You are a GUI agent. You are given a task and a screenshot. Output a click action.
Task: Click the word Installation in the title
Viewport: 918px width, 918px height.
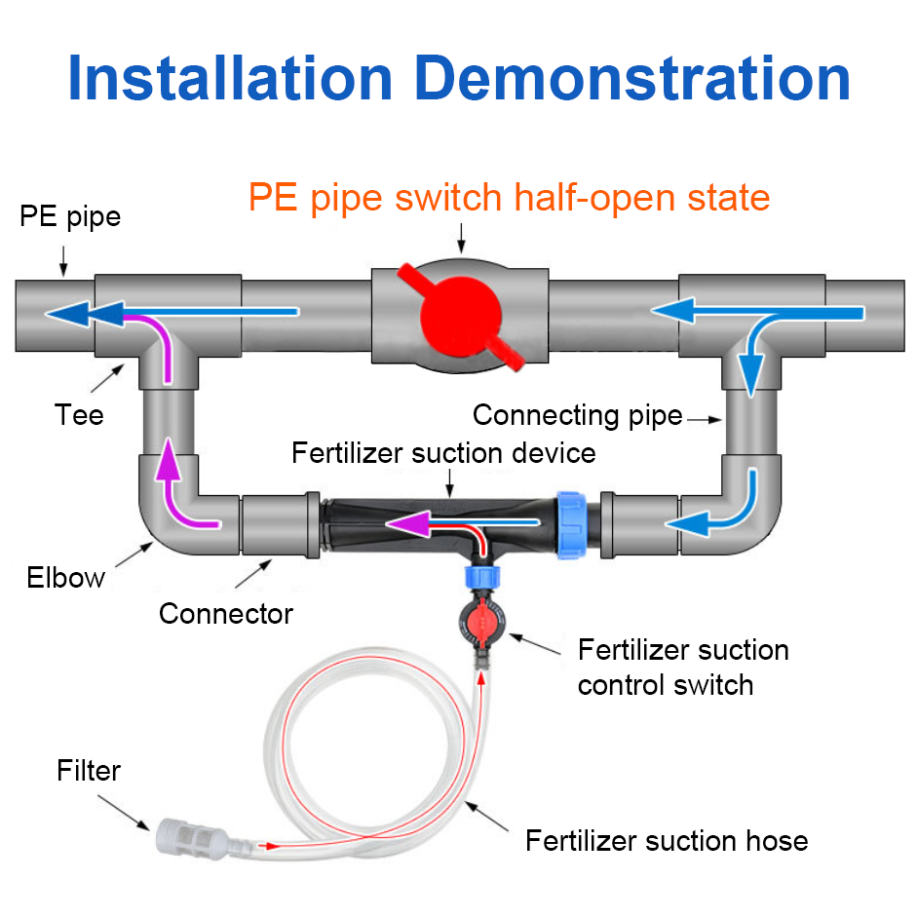pyautogui.click(x=230, y=79)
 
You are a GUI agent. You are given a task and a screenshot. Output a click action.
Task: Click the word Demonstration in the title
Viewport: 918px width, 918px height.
pyautogui.click(x=632, y=79)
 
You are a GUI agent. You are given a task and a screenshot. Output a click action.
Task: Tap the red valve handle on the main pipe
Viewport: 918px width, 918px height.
pyautogui.click(x=461, y=316)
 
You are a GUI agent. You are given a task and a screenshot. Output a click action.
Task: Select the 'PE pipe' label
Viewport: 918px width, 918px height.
pyautogui.click(x=70, y=217)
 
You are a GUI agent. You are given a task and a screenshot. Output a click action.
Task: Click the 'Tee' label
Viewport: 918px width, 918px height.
pyautogui.click(x=79, y=414)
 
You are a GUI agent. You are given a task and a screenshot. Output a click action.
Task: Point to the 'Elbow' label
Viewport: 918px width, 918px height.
pyautogui.click(x=65, y=577)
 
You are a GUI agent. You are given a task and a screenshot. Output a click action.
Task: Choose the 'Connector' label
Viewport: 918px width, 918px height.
pyautogui.click(x=226, y=614)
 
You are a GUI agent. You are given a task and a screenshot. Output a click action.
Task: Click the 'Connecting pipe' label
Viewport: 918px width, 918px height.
pyautogui.click(x=577, y=416)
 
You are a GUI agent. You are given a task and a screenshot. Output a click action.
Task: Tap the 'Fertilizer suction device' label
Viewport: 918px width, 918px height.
pyautogui.click(x=443, y=453)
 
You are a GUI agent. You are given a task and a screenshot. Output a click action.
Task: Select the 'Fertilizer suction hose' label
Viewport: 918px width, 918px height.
pyautogui.click(x=667, y=841)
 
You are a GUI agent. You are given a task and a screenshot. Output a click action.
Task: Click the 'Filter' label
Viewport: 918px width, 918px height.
pyautogui.click(x=89, y=771)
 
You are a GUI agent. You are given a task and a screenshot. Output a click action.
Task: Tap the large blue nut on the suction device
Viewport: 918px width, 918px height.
pyautogui.click(x=571, y=525)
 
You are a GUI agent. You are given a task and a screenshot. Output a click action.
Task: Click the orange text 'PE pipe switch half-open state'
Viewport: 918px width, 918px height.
pyautogui.click(x=509, y=198)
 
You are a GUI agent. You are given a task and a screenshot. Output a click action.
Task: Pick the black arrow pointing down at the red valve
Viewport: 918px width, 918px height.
pyautogui.click(x=461, y=238)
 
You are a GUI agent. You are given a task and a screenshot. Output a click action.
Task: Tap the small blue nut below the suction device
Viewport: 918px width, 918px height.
pyautogui.click(x=482, y=577)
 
